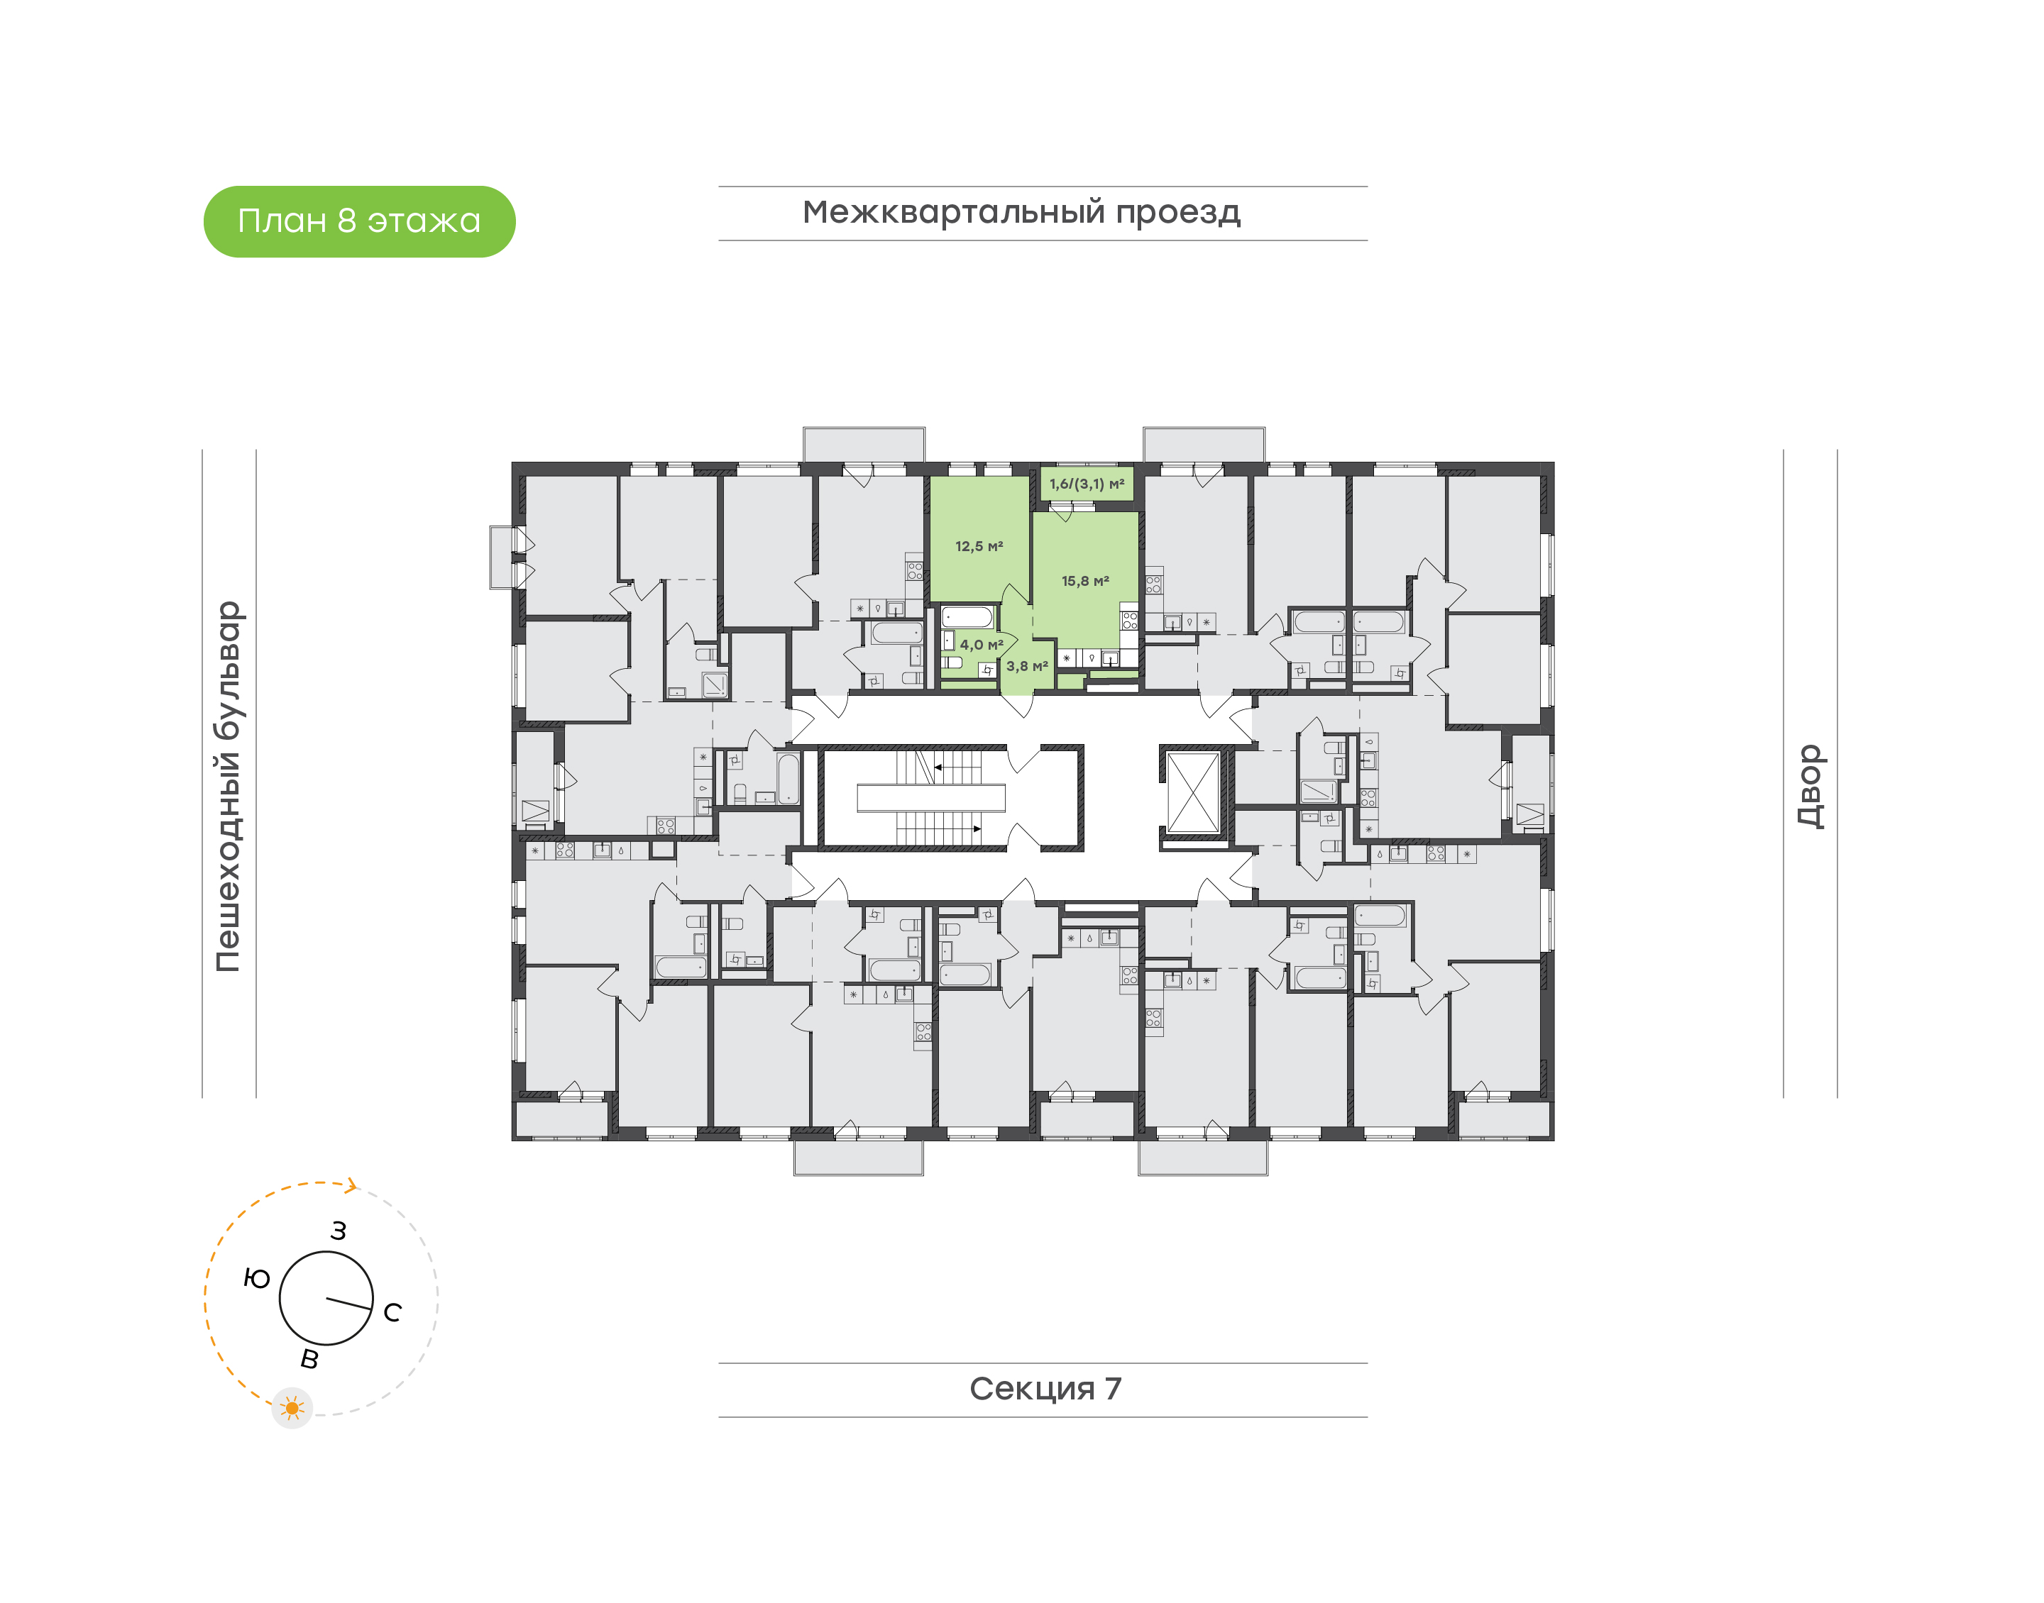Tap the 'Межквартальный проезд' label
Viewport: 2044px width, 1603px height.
click(1021, 213)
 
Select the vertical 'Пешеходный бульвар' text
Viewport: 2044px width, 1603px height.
click(228, 786)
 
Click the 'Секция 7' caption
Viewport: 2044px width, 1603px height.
click(1044, 1389)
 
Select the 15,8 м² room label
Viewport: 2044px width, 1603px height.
click(1084, 581)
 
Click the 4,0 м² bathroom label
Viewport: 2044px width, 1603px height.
click(980, 645)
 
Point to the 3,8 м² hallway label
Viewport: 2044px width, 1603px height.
click(1026, 666)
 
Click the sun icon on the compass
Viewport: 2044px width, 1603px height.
click(292, 1408)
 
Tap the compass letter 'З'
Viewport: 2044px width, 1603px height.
click(338, 1231)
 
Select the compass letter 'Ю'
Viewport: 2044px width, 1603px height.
click(256, 1278)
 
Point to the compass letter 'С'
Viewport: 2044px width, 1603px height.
click(392, 1312)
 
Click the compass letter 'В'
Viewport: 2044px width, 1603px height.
click(309, 1359)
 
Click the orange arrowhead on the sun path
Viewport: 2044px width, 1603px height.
click(351, 1185)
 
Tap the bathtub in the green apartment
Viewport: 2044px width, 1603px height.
click(967, 619)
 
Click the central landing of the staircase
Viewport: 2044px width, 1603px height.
click(930, 798)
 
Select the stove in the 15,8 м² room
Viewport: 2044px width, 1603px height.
click(1129, 619)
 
